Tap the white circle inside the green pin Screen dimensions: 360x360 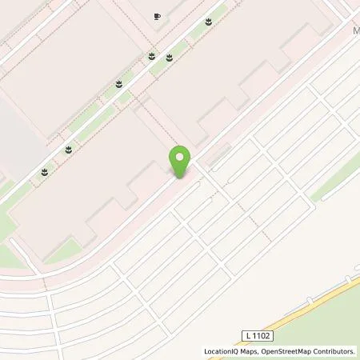click(x=180, y=157)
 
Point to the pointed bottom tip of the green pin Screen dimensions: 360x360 click(x=180, y=177)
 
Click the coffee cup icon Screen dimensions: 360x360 click(x=157, y=16)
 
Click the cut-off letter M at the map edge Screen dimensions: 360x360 click(x=355, y=31)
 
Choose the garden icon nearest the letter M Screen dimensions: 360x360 click(x=208, y=22)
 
